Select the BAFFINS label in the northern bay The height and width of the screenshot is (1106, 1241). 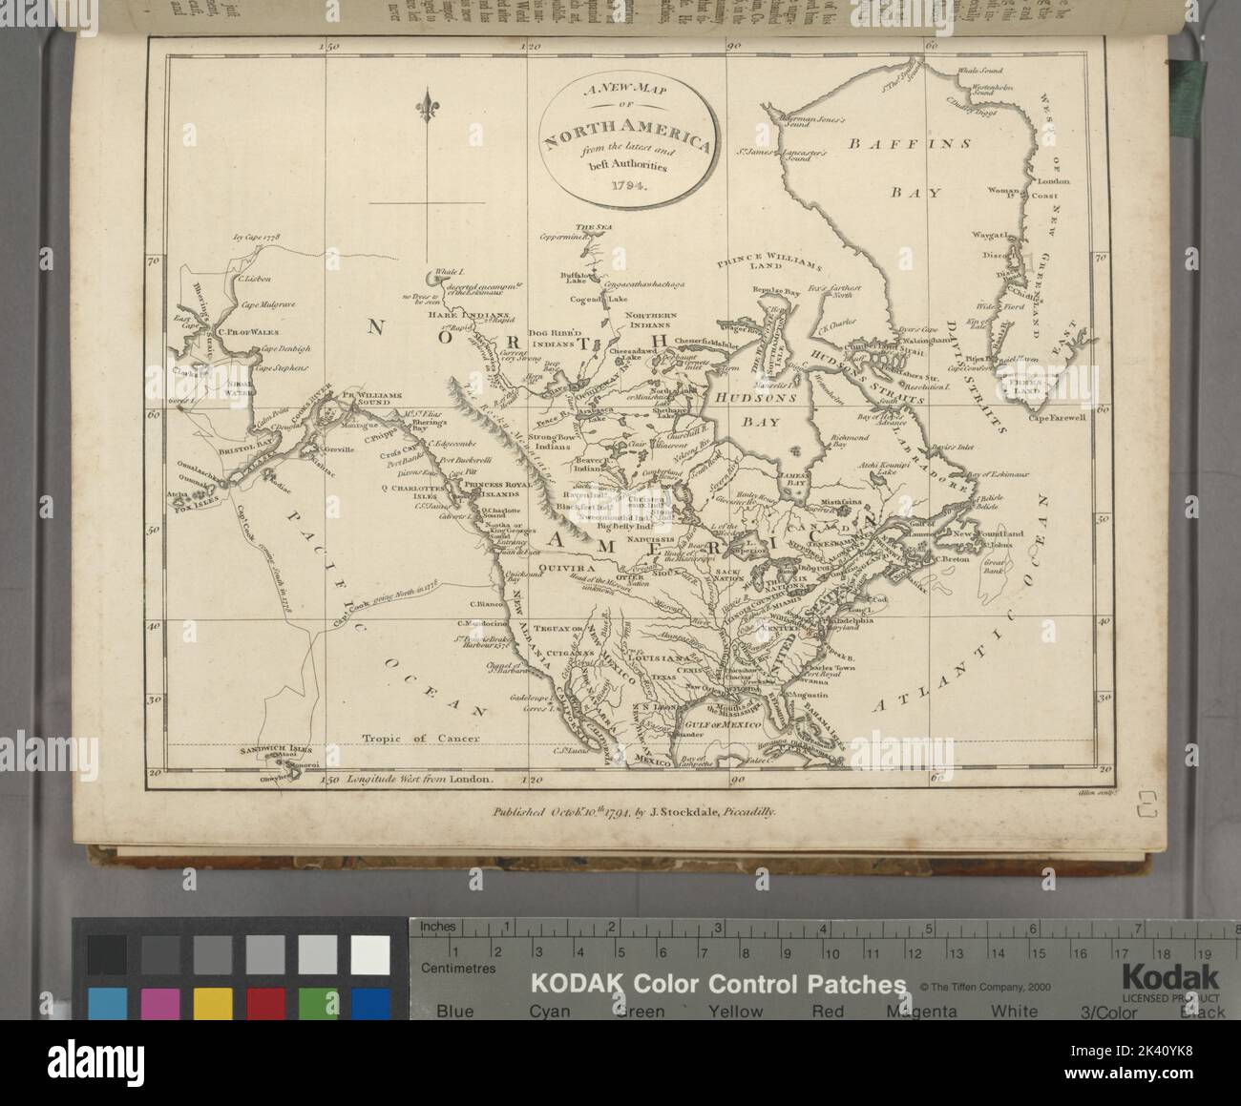(910, 144)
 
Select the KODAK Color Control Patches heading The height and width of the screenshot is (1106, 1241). (718, 985)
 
